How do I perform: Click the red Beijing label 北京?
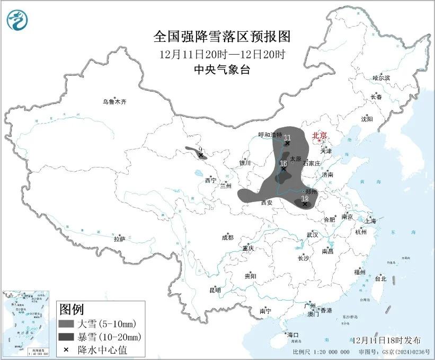[x=319, y=136]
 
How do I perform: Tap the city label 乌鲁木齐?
[x=115, y=102]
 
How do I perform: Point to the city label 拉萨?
[x=119, y=239]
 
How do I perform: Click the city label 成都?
[x=227, y=238]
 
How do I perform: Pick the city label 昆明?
[x=215, y=289]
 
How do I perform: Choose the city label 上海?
[x=371, y=221]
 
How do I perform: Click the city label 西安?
[x=268, y=202]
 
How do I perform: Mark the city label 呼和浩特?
[x=270, y=135]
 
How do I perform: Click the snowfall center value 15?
[x=284, y=162]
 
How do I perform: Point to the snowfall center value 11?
[x=287, y=137]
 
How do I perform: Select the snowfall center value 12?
[x=304, y=198]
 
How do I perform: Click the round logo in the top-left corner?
[x=17, y=20]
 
